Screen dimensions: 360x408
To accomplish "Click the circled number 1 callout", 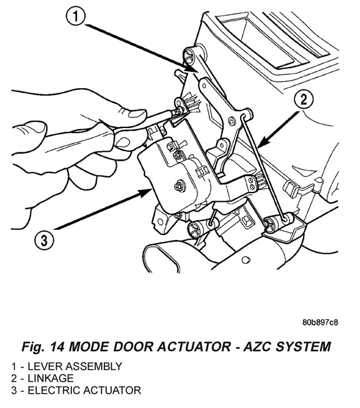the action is coord(76,16).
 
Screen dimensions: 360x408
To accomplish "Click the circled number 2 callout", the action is coord(304,100).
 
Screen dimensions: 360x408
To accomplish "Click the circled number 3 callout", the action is coord(44,240).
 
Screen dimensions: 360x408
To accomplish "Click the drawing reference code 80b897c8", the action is coord(320,322).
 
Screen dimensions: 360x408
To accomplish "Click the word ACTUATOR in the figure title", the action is coord(194,347).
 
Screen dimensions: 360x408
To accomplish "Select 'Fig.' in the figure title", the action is coord(32,347).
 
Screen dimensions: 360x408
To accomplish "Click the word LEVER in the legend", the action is coord(45,366).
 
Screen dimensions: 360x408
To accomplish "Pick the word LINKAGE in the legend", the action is coord(51,379).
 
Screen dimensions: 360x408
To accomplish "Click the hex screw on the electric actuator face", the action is coord(179,186).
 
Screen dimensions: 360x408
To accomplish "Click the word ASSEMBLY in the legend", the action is coord(94,366).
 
